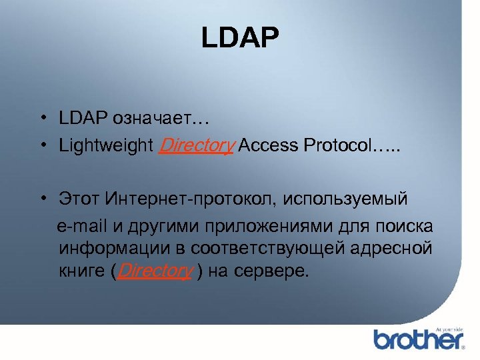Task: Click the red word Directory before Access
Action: pyautogui.click(x=195, y=145)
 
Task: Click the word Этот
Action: pyautogui.click(x=79, y=199)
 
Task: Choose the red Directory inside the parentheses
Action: pyautogui.click(x=155, y=273)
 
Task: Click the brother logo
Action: pyautogui.click(x=418, y=339)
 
